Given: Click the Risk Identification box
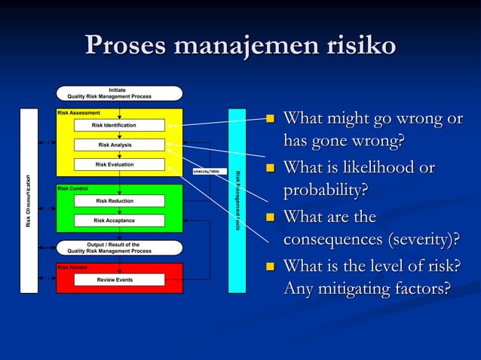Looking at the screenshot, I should [x=118, y=125].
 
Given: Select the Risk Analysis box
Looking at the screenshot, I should [x=118, y=145].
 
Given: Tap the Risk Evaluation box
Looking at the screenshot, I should [x=118, y=164].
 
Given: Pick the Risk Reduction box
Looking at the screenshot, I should [x=118, y=201].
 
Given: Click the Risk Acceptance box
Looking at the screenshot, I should [x=118, y=221].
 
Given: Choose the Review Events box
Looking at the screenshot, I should [x=118, y=279].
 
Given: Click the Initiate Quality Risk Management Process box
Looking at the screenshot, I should [x=119, y=93].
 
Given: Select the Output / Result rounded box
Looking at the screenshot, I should [x=119, y=248].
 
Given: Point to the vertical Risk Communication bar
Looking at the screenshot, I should [x=29, y=201].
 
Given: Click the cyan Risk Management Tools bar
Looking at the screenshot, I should [x=237, y=201].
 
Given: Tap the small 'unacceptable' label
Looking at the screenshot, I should [x=206, y=172].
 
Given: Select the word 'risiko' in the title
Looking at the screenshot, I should [x=358, y=45].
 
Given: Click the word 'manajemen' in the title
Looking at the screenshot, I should [x=244, y=45].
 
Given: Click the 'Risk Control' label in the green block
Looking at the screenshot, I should [x=73, y=188].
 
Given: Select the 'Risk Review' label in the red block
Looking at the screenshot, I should [x=73, y=267].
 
